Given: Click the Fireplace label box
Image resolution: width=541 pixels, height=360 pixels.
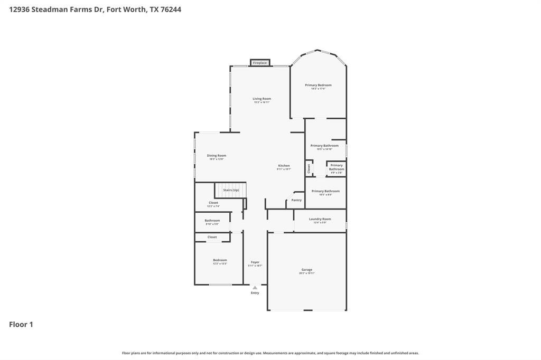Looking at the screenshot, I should click(259, 63).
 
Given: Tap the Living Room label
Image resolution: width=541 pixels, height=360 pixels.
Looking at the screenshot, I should click(262, 99).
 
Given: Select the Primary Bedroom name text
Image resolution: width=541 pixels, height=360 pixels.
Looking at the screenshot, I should click(318, 85).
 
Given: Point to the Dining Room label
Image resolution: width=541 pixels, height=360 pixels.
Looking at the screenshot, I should click(216, 156).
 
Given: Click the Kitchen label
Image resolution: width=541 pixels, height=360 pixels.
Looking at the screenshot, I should click(284, 166).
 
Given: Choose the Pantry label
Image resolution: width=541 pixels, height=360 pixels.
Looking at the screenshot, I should click(296, 200).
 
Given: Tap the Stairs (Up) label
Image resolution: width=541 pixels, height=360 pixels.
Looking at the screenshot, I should click(231, 190).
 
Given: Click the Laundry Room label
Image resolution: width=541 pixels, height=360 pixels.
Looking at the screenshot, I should click(320, 219).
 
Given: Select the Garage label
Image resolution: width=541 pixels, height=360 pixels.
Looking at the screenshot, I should click(306, 270).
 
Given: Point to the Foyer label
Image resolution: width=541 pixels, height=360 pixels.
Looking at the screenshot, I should click(255, 262).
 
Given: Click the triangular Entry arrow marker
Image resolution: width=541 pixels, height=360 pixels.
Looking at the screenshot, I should click(255, 288).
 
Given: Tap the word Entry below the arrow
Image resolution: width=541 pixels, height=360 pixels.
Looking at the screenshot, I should click(255, 293).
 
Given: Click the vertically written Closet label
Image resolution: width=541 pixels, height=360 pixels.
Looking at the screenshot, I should click(309, 168).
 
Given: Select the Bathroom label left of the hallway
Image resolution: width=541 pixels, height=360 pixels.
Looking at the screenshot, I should click(212, 221).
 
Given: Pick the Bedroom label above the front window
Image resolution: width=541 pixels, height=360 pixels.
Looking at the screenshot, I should click(220, 260).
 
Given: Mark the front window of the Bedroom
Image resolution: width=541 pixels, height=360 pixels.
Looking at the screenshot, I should click(220, 285).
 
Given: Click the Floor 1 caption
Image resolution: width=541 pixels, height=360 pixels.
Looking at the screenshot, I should click(21, 325).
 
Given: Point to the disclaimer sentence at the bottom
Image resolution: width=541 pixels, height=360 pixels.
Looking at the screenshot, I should click(270, 353).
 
